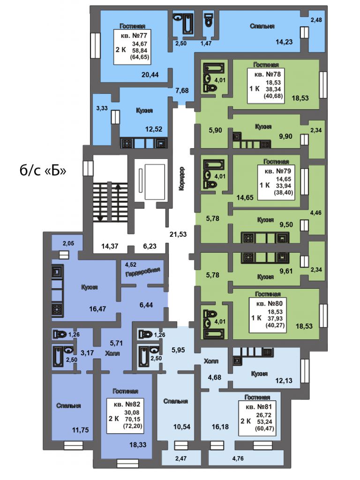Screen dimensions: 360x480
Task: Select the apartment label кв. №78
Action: pyautogui.click(x=268, y=75)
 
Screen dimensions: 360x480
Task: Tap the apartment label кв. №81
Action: pyautogui.click(x=259, y=407)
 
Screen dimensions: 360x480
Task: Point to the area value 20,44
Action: pyautogui.click(x=150, y=75)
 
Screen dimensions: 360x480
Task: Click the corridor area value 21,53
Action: pyautogui.click(x=178, y=234)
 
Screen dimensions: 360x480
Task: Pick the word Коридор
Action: pyautogui.click(x=181, y=179)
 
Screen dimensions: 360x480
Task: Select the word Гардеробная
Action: pyautogui.click(x=142, y=271)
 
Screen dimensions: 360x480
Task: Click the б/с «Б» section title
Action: pyautogui.click(x=43, y=171)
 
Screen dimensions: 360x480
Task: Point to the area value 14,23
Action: pyautogui.click(x=284, y=42)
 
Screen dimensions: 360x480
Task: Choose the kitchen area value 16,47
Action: pyautogui.click(x=97, y=309)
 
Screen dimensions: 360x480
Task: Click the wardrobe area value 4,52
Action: pyautogui.click(x=131, y=265)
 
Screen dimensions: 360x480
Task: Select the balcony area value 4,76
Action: pyautogui.click(x=238, y=458)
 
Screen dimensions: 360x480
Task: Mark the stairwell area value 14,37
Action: pyautogui.click(x=110, y=246)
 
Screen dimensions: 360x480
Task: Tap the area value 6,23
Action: pyautogui.click(x=150, y=246)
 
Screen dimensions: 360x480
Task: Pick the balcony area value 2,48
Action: pyautogui.click(x=316, y=20)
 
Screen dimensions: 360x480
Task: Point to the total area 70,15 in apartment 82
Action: pyautogui.click(x=132, y=420)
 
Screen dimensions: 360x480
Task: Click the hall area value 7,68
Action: pyautogui.click(x=182, y=90)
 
